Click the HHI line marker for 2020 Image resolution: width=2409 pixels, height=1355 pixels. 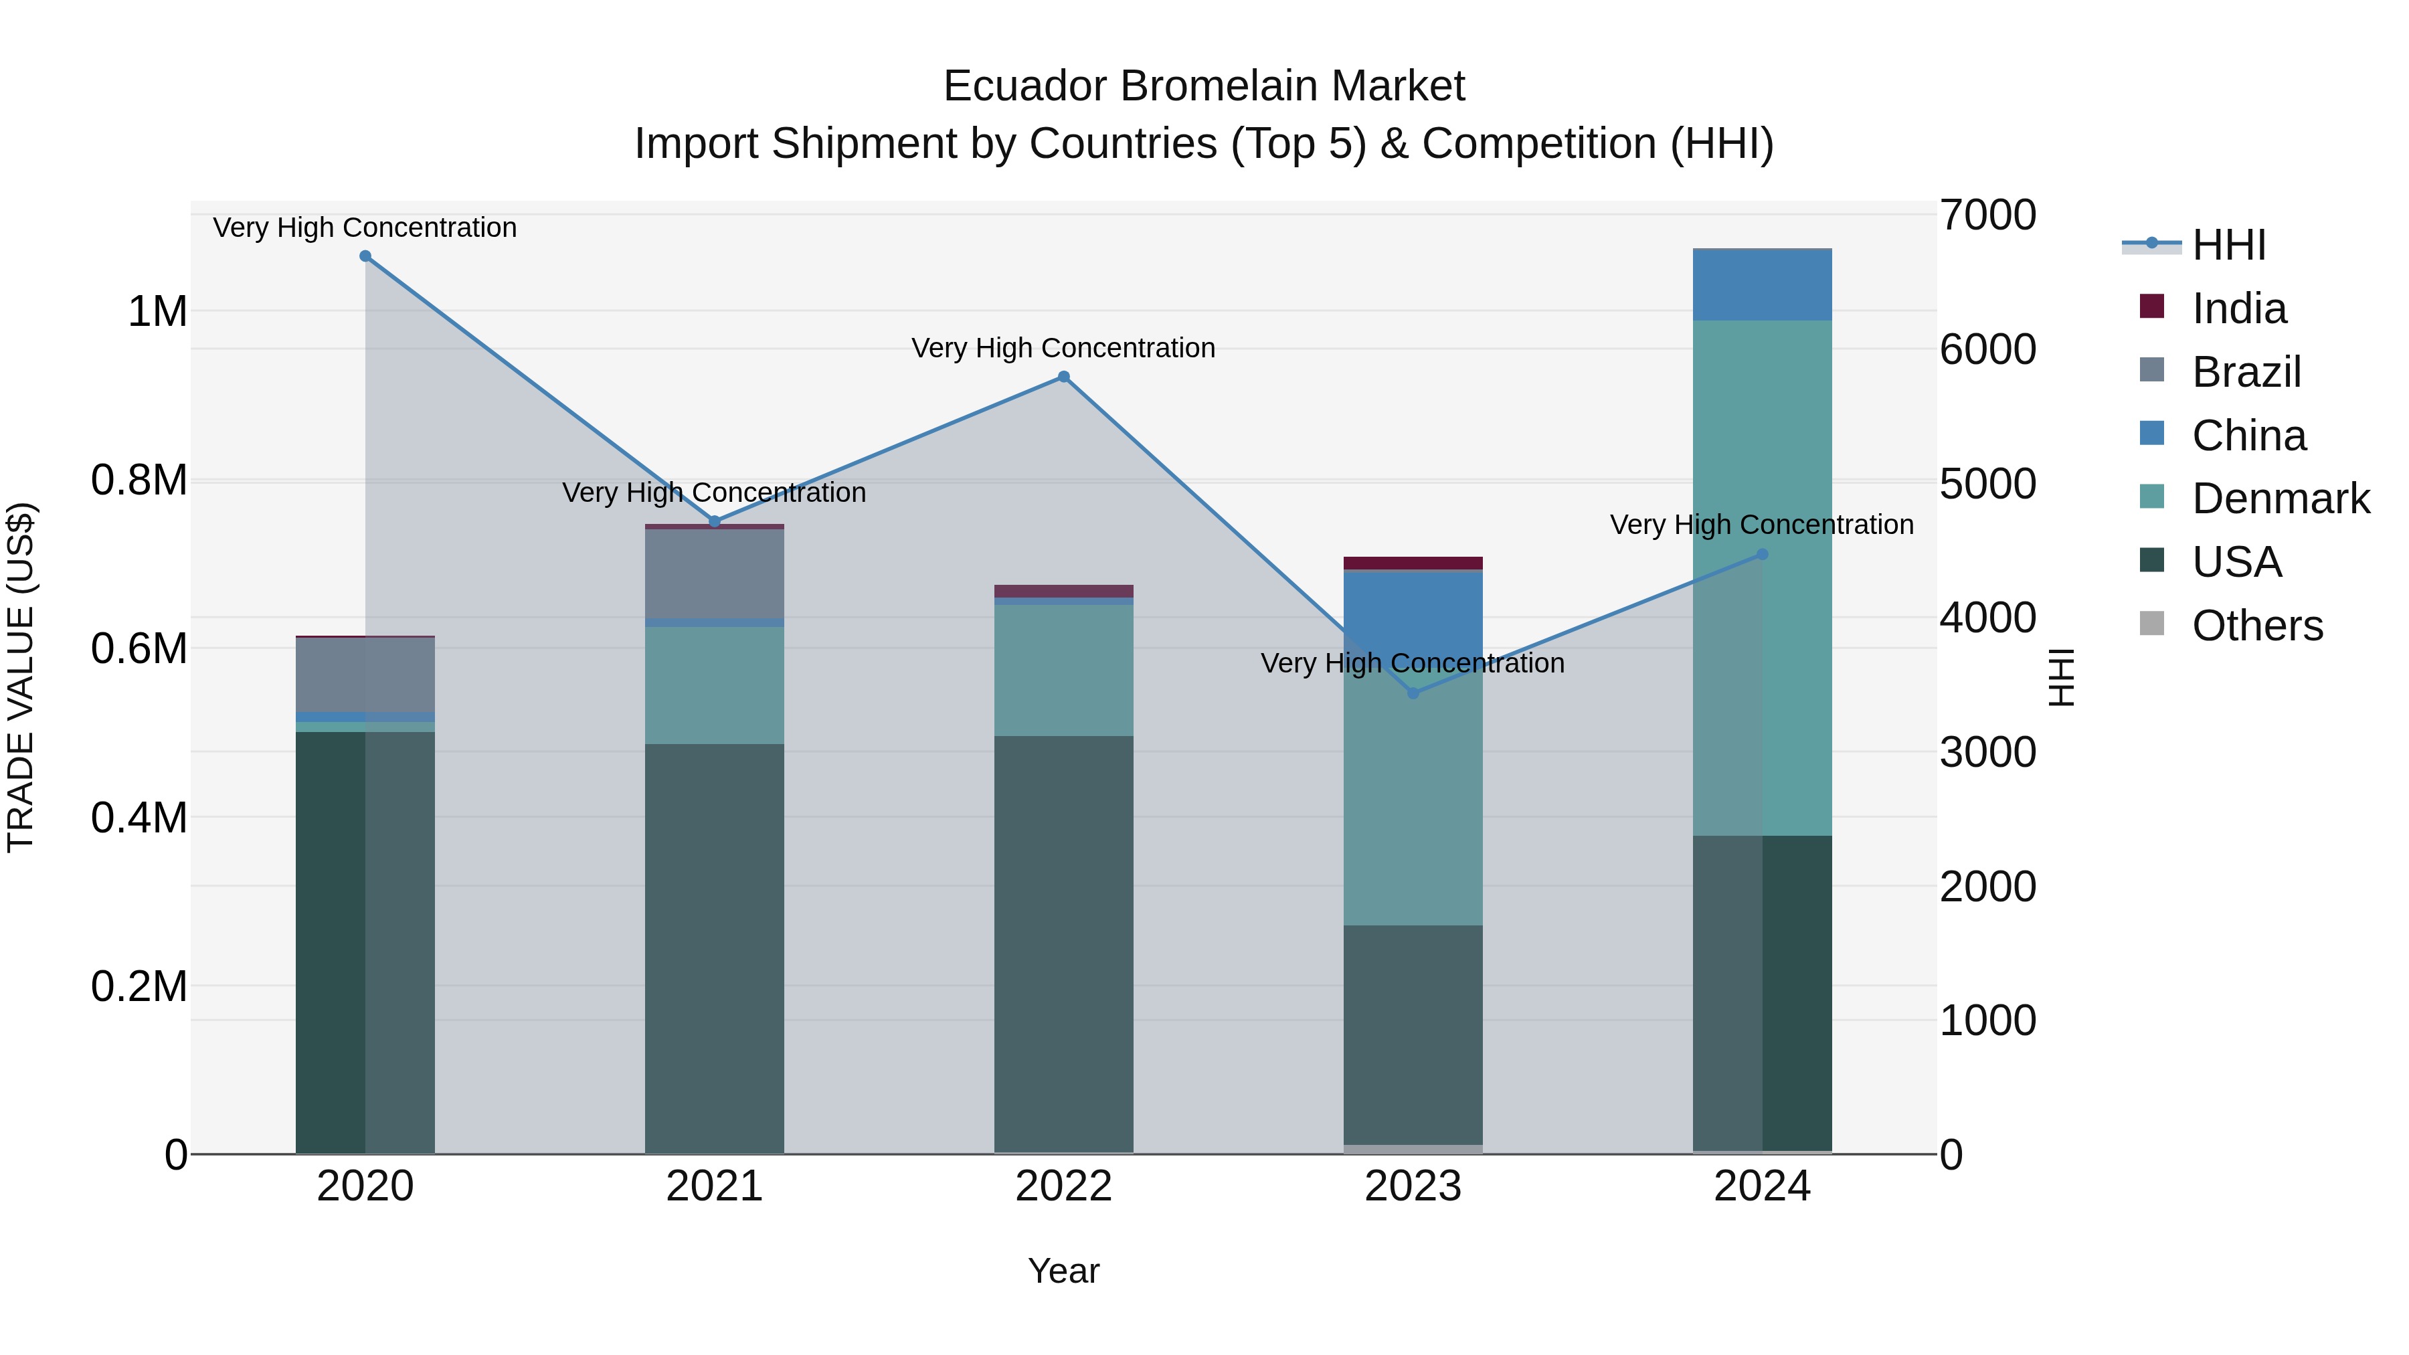point(365,256)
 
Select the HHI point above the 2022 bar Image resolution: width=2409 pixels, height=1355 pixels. point(1063,377)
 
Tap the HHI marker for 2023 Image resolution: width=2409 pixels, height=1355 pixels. point(1413,693)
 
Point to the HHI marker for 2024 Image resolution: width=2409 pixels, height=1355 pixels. point(1762,555)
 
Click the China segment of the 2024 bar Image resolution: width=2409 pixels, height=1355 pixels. point(1762,285)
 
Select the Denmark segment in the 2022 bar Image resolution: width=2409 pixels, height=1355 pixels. point(1063,670)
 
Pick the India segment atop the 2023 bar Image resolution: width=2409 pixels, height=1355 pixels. point(1413,563)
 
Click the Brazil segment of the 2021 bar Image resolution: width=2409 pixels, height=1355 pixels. point(715,573)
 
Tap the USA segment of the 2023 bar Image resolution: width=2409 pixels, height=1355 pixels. point(1413,1033)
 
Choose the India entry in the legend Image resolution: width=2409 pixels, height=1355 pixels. point(2239,308)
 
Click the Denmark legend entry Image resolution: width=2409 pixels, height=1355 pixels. point(2280,499)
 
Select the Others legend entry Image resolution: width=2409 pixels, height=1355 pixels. point(2256,626)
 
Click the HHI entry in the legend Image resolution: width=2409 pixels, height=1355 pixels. point(2228,245)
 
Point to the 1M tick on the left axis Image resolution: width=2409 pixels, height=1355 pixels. point(157,311)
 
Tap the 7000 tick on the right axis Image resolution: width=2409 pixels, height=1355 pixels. point(1987,215)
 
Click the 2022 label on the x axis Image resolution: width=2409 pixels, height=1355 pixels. point(1063,1186)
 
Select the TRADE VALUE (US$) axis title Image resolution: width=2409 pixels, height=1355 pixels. point(21,677)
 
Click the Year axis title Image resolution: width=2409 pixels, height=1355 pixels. point(1063,1271)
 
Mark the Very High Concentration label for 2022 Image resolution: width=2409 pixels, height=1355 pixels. point(1063,348)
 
